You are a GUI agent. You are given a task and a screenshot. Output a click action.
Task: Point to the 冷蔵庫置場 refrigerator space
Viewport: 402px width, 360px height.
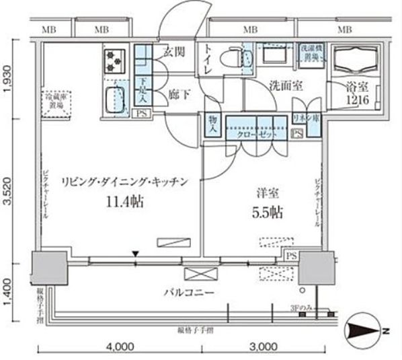coord(54,100)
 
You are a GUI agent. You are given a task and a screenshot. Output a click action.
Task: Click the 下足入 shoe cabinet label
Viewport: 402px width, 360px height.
coord(143,89)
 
